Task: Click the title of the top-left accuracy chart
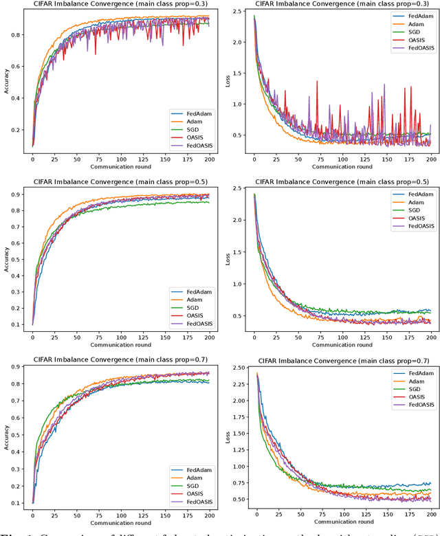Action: click(115, 5)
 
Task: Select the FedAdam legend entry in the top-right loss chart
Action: click(411, 16)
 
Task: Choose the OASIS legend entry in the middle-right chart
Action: click(411, 218)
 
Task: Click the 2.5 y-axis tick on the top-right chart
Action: click(237, 12)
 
